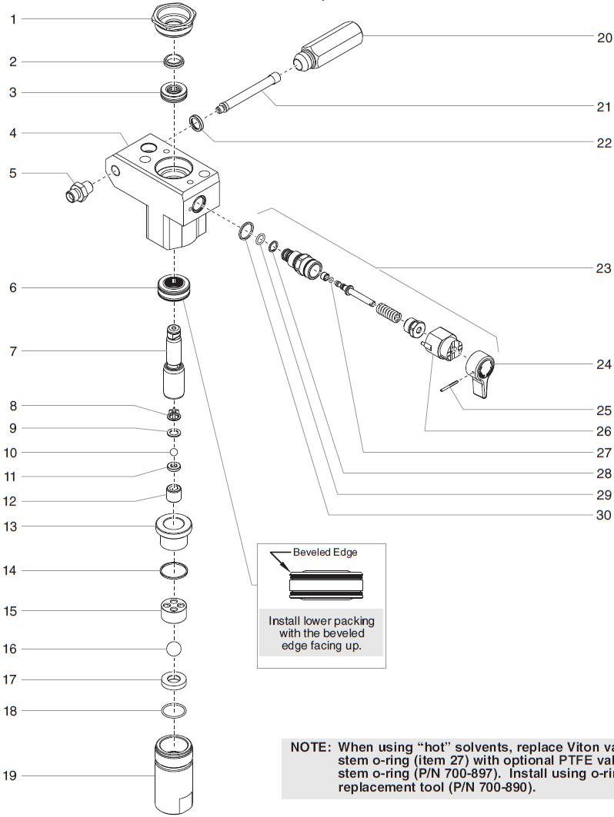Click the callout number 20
(x=604, y=38)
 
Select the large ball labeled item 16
(x=175, y=649)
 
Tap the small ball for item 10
(x=175, y=452)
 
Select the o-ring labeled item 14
(x=175, y=571)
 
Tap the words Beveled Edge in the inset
(x=325, y=553)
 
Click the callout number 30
(x=604, y=515)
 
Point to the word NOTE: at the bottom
(x=311, y=746)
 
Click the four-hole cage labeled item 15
(x=175, y=611)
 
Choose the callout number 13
(x=10, y=526)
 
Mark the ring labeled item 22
(x=199, y=122)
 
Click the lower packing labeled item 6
(x=175, y=287)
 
